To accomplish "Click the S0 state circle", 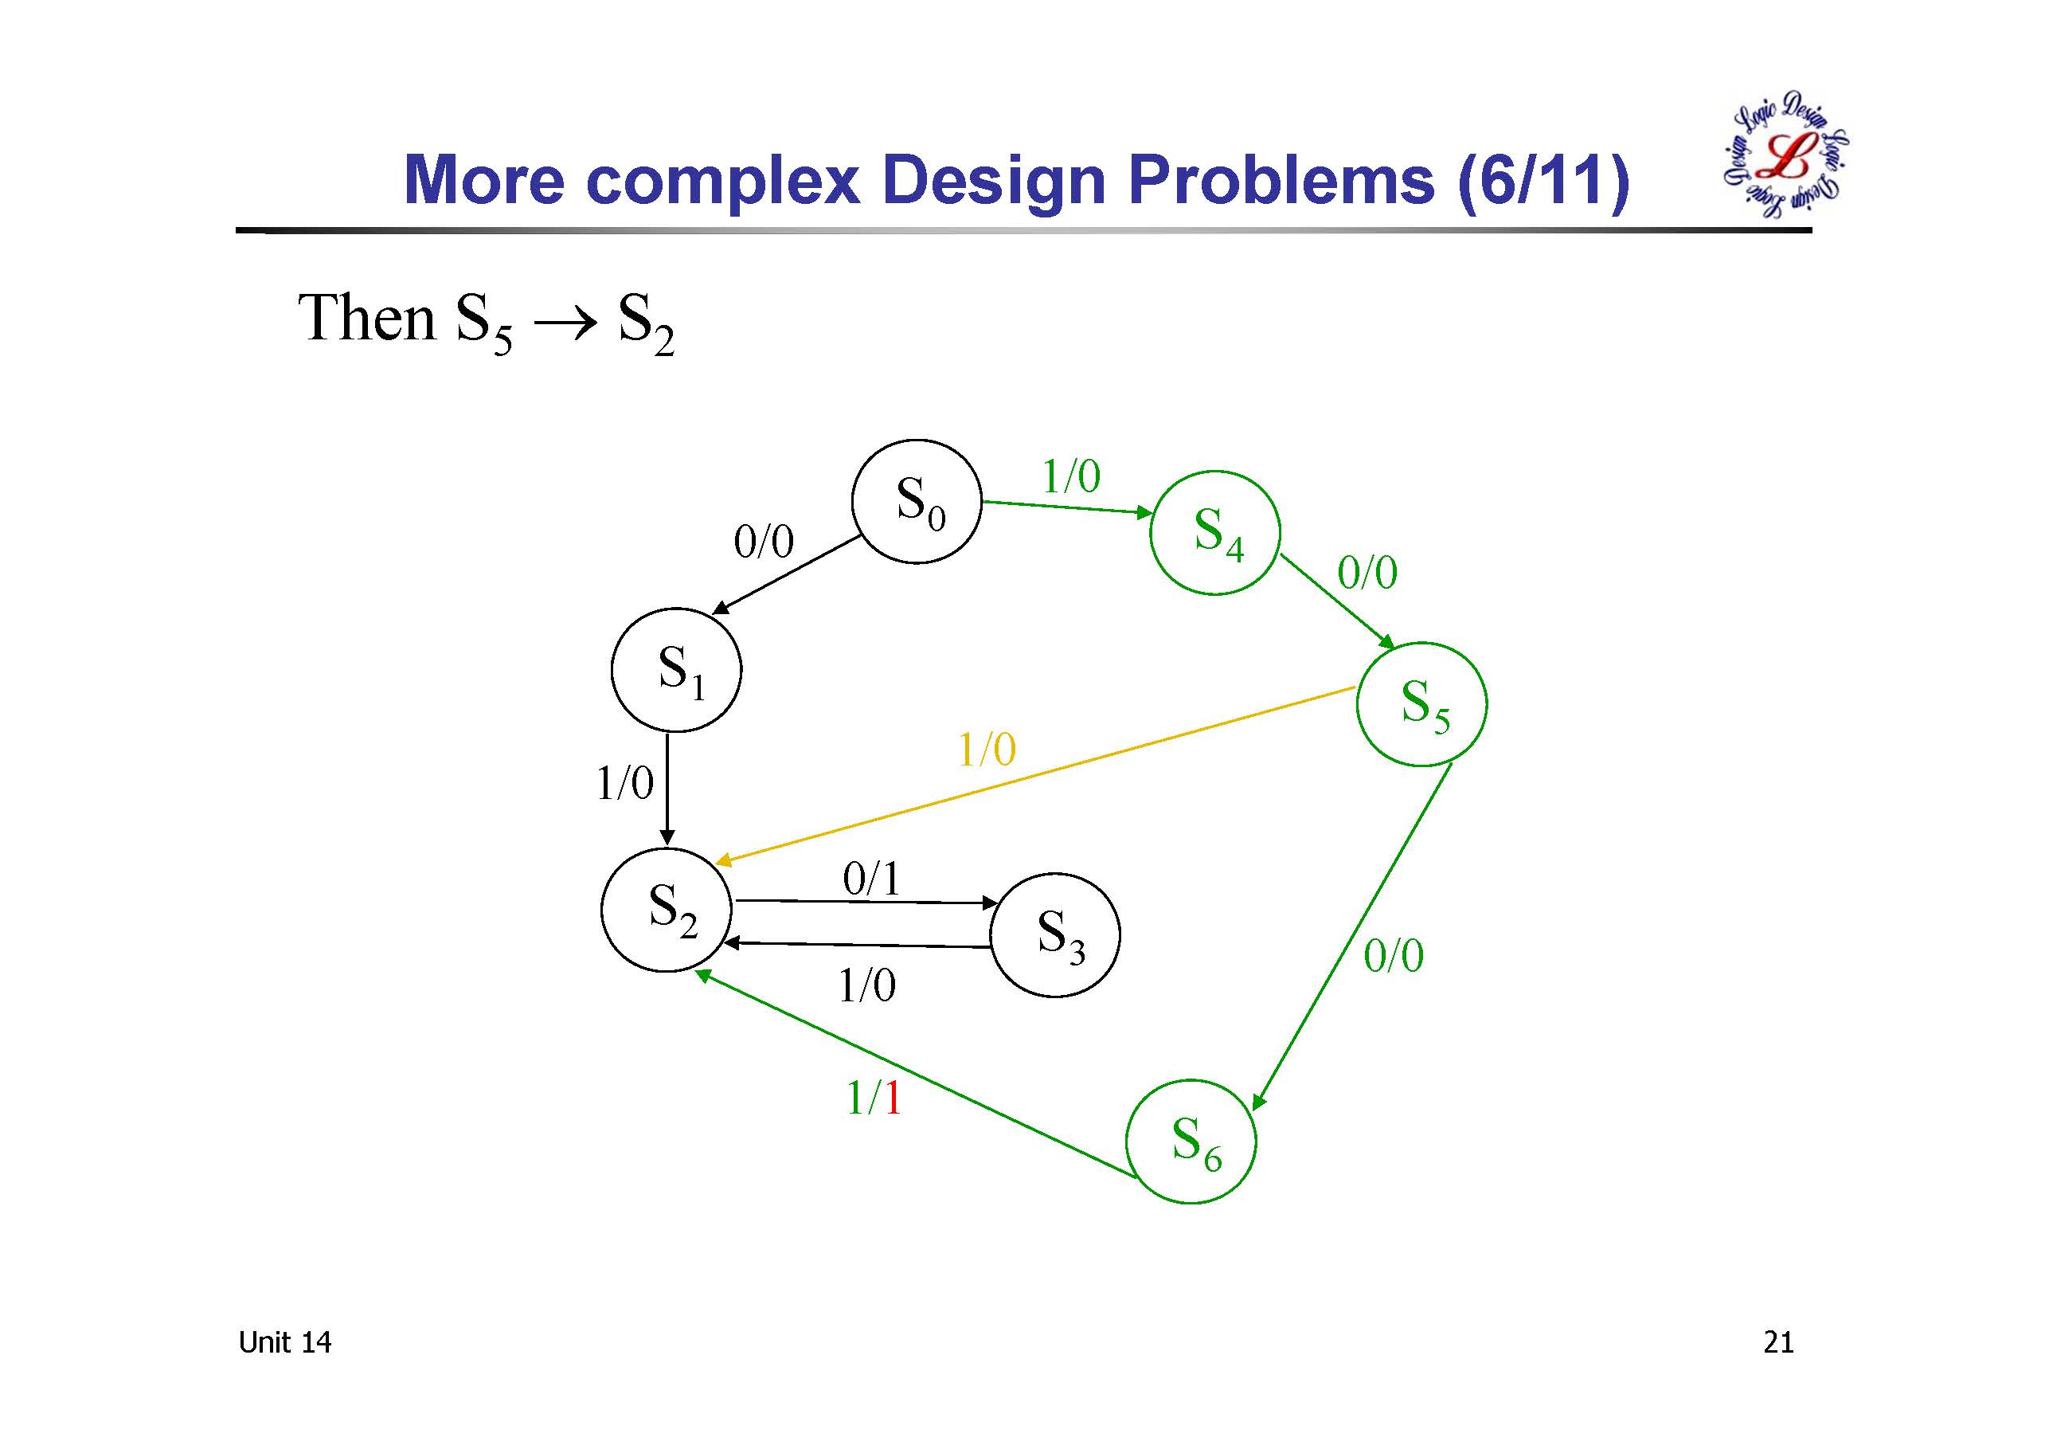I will pyautogui.click(x=917, y=501).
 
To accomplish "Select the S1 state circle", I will pyautogui.click(x=676, y=670).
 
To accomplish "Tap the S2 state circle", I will pyautogui.click(x=667, y=910).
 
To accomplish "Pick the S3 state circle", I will pyautogui.click(x=1055, y=934).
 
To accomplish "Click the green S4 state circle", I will pyautogui.click(x=1214, y=532).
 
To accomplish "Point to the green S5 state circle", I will pyautogui.click(x=1421, y=703).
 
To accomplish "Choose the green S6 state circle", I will pyautogui.click(x=1191, y=1142).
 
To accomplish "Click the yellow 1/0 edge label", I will pyautogui.click(x=986, y=750).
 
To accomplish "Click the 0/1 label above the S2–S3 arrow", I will pyautogui.click(x=871, y=879).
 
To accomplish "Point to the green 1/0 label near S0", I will pyautogui.click(x=1071, y=476).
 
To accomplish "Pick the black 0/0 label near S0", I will pyautogui.click(x=764, y=542).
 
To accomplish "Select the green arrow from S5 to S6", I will pyautogui.click(x=1352, y=938).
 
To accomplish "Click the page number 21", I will pyautogui.click(x=1777, y=1343).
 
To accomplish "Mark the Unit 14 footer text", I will pyautogui.click(x=284, y=1343).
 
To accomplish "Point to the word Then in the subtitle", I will pyautogui.click(x=366, y=318).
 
